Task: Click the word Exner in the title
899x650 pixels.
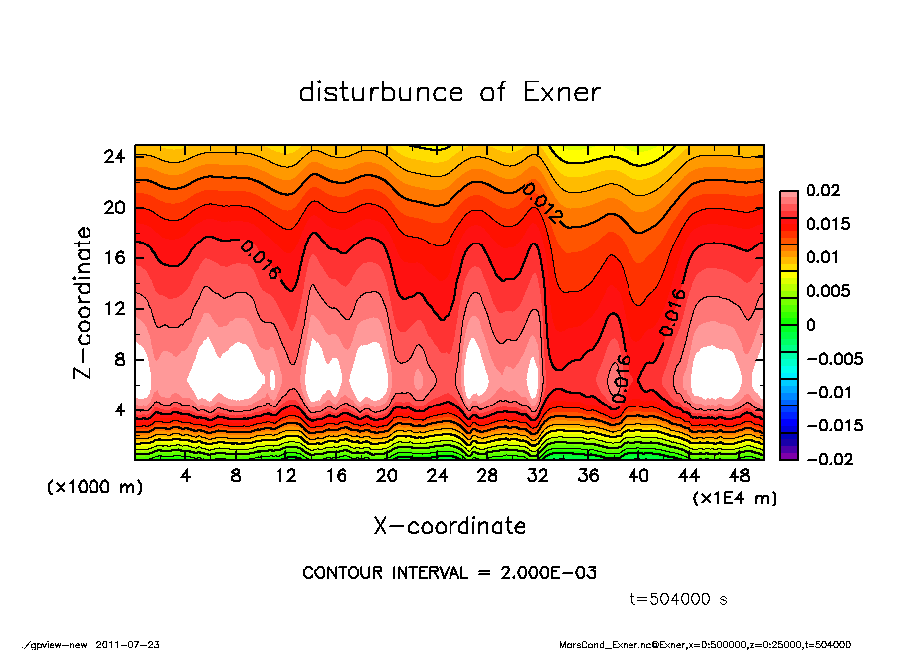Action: [x=562, y=93]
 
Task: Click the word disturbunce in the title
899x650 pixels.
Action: [x=382, y=93]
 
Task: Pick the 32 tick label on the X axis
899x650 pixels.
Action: [x=538, y=476]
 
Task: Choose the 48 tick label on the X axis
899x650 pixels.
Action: [x=739, y=476]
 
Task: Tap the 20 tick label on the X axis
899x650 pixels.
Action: [x=387, y=476]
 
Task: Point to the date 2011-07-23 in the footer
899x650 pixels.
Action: [x=128, y=644]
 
